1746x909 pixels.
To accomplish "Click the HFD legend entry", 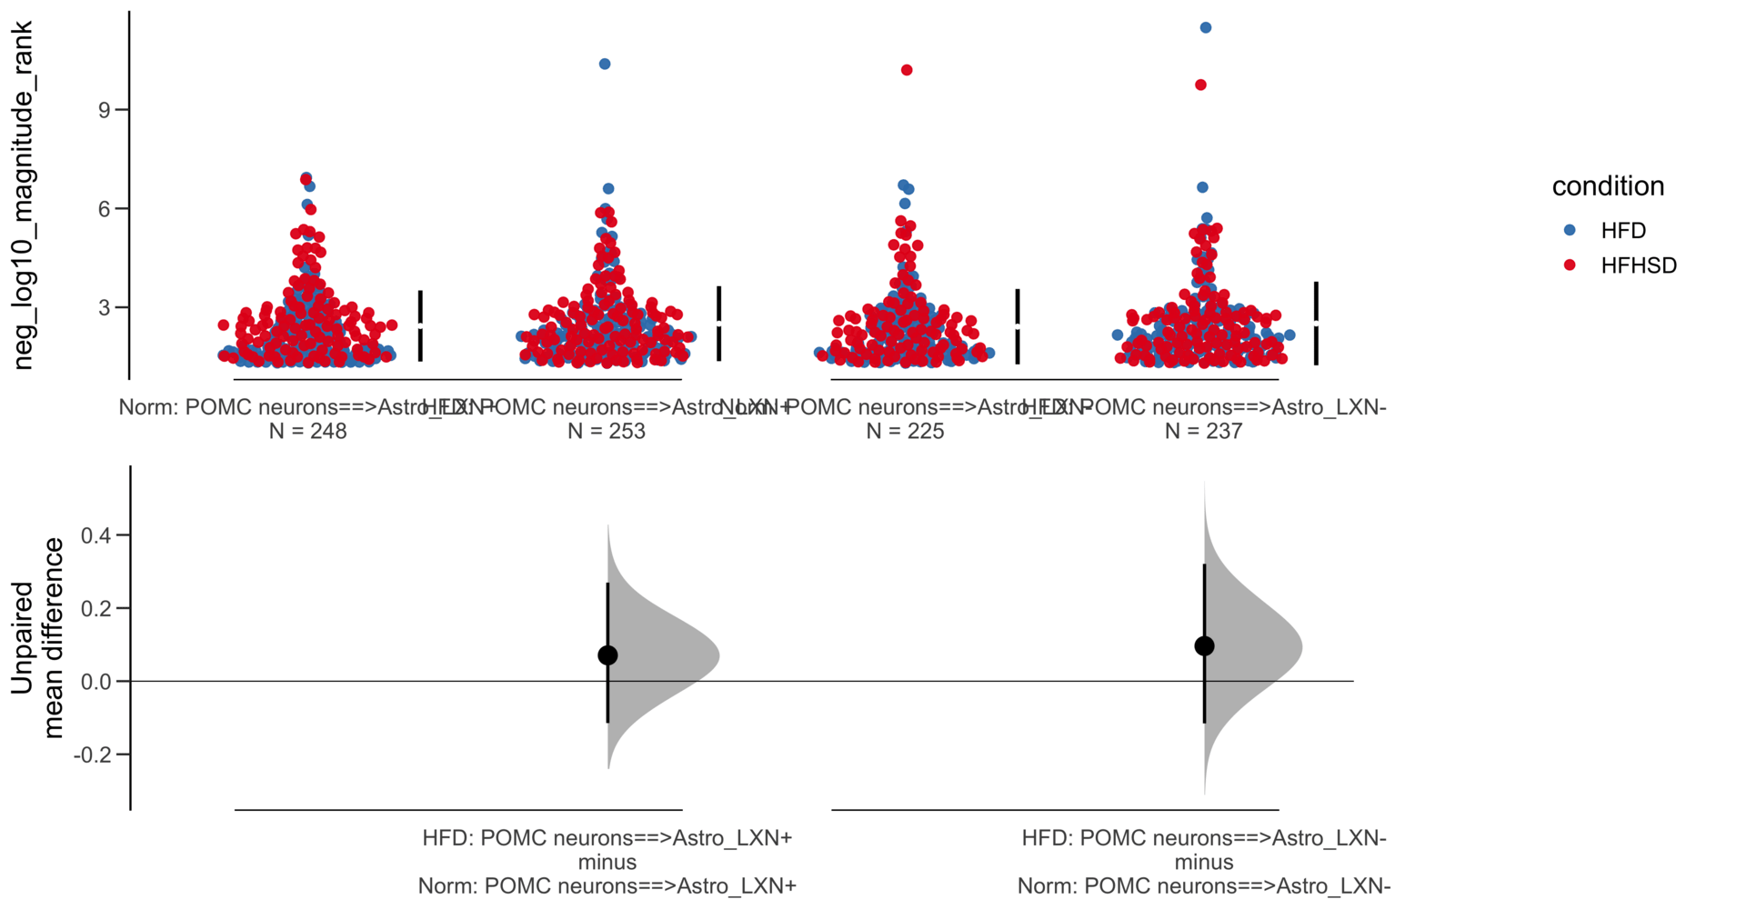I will click(x=1622, y=231).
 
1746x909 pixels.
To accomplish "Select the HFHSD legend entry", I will click(x=1637, y=265).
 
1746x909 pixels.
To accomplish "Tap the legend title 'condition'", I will click(x=1608, y=186).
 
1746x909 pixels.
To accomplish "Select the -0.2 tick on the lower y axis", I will click(x=95, y=754).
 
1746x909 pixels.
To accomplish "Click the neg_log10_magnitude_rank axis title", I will click(x=24, y=195).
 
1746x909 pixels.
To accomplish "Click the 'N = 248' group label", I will click(x=307, y=431).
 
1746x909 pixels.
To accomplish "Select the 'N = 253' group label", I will click(x=607, y=431).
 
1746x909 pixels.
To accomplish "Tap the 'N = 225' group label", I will click(x=905, y=431).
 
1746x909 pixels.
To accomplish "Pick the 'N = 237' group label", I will click(x=1203, y=431).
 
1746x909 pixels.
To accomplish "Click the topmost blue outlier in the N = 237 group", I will click(x=1206, y=28).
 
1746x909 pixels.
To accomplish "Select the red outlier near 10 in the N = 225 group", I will click(x=907, y=70).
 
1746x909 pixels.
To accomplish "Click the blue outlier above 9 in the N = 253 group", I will click(x=605, y=64).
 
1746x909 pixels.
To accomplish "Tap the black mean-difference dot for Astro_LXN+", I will click(x=607, y=655).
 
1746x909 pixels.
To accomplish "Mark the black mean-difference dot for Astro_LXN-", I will click(x=1204, y=646).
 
